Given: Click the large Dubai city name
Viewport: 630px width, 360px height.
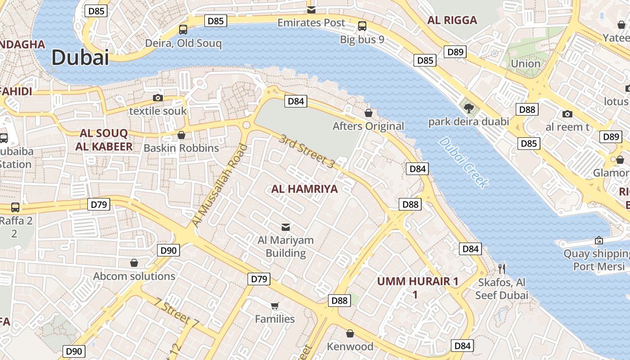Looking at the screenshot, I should pyautogui.click(x=80, y=58).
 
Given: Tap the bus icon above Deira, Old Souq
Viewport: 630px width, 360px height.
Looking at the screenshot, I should pyautogui.click(x=183, y=30).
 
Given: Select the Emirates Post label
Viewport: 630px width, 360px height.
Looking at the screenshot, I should pyautogui.click(x=311, y=22).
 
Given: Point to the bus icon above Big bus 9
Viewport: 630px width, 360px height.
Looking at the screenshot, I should pyautogui.click(x=362, y=26).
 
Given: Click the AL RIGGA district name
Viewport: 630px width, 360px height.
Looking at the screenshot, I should pyautogui.click(x=452, y=20).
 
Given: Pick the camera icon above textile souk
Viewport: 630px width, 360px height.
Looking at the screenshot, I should pyautogui.click(x=158, y=98).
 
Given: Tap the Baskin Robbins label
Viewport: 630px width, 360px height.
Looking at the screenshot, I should pyautogui.click(x=181, y=148).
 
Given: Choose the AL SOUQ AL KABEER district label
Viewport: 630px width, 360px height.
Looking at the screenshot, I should pyautogui.click(x=104, y=140).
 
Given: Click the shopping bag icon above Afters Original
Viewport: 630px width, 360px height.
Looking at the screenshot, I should pyautogui.click(x=369, y=113).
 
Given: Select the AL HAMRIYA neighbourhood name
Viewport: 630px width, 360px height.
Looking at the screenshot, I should pyautogui.click(x=304, y=189).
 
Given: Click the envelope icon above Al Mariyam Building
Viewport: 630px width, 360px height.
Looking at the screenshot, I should pyautogui.click(x=286, y=226).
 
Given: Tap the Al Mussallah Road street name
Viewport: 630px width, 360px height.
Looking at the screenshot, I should pyautogui.click(x=220, y=185).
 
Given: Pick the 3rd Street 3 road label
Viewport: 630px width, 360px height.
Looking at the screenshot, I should pyautogui.click(x=306, y=151).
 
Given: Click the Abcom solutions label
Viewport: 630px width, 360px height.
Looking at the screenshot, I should pyautogui.click(x=134, y=276).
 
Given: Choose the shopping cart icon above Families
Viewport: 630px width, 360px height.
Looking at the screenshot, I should pyautogui.click(x=275, y=306).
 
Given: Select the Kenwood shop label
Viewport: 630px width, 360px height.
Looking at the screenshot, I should pyautogui.click(x=350, y=346).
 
